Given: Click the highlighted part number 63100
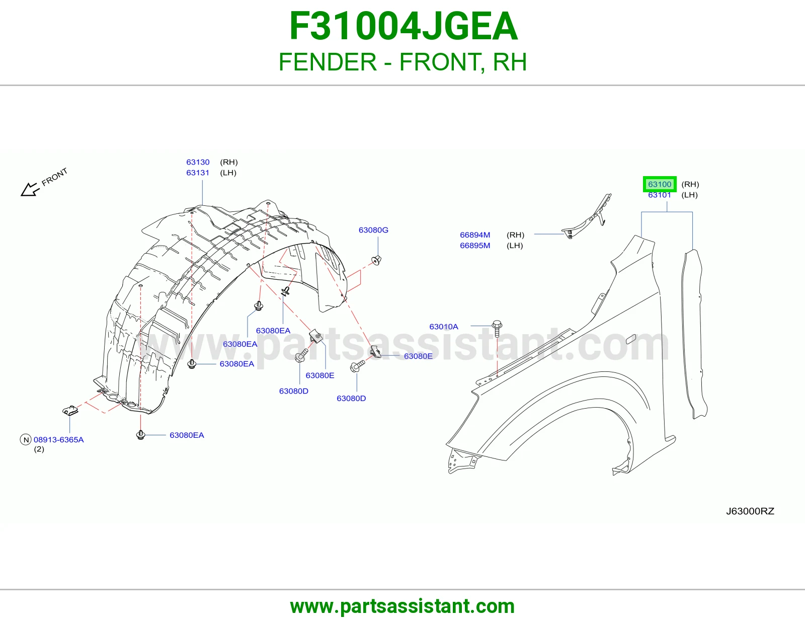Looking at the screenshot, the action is (660, 184).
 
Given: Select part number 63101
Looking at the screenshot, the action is (660, 195).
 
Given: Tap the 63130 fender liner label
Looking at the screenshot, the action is (198, 162).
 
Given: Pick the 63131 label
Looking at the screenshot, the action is (198, 173).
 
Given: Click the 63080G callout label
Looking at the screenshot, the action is (373, 230).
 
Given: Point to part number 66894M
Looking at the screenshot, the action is (475, 235).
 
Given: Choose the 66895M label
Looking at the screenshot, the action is (475, 245).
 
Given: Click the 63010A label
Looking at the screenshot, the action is (444, 327).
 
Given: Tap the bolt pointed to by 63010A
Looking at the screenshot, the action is (497, 328).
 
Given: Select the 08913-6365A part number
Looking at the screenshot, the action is (58, 439).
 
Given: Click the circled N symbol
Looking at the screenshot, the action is (26, 440).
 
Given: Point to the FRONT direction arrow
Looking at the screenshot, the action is (30, 189).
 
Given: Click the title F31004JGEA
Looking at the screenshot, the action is (403, 26).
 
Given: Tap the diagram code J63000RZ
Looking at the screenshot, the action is (750, 511).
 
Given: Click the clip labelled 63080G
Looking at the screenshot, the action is (376, 260).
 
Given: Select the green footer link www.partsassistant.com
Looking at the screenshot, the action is (403, 606).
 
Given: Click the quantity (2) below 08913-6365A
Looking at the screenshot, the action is (39, 449).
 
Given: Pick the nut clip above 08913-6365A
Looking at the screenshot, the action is (70, 410).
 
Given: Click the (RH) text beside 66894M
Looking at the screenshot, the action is (515, 235).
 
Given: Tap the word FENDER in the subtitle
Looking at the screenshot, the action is (328, 62).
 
